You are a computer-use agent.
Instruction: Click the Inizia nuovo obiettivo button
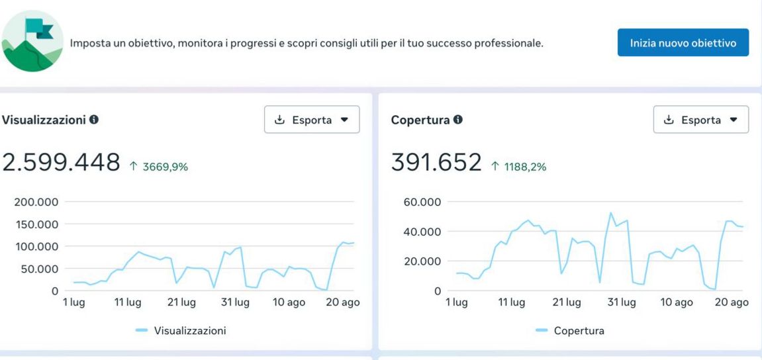point(683,43)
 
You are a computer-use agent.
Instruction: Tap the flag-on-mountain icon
point(32,41)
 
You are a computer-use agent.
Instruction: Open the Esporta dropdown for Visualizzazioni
point(312,120)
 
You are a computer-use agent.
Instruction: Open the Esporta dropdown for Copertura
point(701,120)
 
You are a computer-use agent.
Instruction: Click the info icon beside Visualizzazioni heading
point(94,120)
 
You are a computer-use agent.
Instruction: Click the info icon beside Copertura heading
point(457,120)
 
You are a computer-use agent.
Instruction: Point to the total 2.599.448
point(61,162)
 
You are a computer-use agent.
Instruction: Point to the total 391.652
point(436,162)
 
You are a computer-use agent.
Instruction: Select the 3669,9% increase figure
point(158,167)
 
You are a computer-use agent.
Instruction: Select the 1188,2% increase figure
point(518,167)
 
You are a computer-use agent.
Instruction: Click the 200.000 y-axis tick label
point(36,202)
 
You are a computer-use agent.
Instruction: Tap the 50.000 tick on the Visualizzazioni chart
point(38,269)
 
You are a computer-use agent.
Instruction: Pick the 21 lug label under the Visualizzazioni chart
point(182,302)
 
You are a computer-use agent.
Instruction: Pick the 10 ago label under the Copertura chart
point(677,302)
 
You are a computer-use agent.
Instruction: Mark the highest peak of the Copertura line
point(611,212)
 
